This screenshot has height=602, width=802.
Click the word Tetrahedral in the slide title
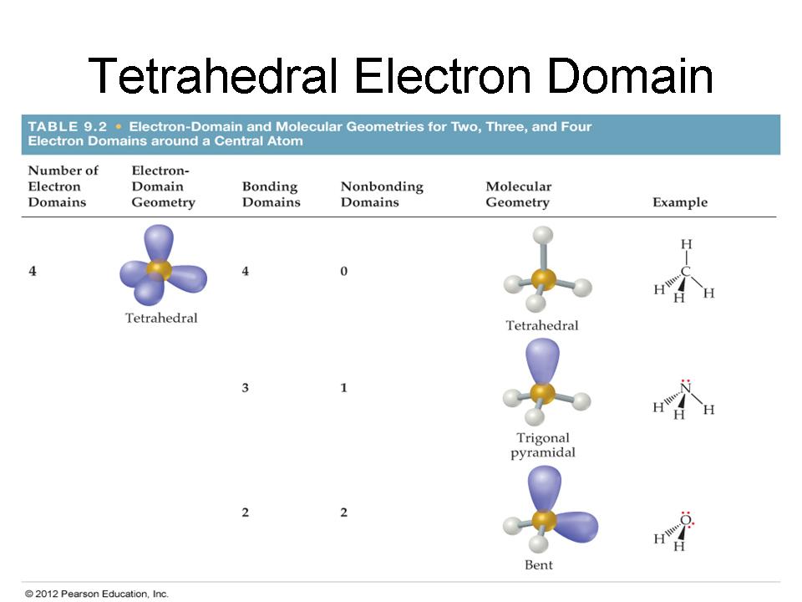(x=212, y=75)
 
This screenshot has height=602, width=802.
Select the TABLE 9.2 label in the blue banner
(x=67, y=126)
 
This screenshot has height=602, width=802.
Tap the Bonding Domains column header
(x=271, y=194)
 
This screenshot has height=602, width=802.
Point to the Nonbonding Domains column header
(x=382, y=194)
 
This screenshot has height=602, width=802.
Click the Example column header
(x=680, y=202)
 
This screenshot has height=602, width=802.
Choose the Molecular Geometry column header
(x=519, y=194)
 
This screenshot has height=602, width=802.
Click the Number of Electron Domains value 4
(x=33, y=271)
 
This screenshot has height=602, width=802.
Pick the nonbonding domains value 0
(x=343, y=271)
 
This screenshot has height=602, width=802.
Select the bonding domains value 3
(x=246, y=387)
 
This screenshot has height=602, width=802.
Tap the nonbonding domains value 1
(x=343, y=387)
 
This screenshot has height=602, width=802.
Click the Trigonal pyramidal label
(x=543, y=445)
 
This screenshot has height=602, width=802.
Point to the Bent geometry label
(x=539, y=564)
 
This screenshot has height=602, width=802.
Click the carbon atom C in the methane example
(x=686, y=271)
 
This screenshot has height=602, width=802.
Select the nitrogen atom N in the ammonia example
(x=686, y=389)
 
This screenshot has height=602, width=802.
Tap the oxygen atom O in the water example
(x=685, y=521)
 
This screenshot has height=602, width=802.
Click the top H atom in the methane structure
(x=687, y=244)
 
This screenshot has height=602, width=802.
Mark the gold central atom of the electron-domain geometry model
(x=159, y=268)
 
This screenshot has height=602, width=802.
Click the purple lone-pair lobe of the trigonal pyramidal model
(x=542, y=361)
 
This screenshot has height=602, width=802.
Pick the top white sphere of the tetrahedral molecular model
(x=543, y=236)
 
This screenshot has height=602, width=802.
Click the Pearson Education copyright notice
(x=97, y=594)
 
